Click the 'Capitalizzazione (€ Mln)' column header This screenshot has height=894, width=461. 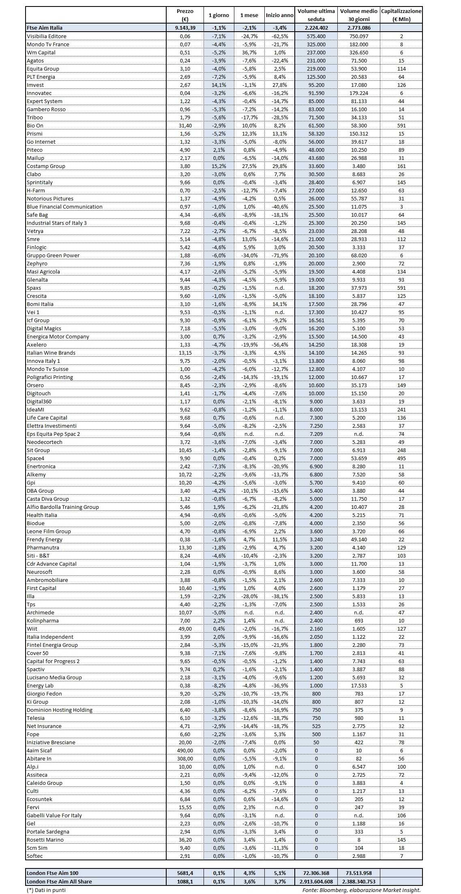click(401, 15)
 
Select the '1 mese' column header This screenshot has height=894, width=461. click(249, 15)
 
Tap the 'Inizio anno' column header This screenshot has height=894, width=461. click(279, 15)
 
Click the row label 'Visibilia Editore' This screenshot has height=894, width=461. click(46, 36)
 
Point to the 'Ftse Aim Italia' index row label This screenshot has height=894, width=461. click(45, 28)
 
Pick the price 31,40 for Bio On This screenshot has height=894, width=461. click(185, 125)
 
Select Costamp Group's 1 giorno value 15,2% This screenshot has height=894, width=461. click(219, 166)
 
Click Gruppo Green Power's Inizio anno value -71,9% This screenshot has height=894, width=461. click(279, 255)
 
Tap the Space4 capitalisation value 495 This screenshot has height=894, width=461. click(401, 458)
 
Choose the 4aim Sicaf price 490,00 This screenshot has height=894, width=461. click(185, 750)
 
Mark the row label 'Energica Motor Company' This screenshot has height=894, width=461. click(58, 336)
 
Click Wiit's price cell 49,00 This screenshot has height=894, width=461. click(185, 629)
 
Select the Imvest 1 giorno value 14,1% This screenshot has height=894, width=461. click(219, 85)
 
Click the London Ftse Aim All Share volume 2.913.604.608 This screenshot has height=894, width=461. click(316, 881)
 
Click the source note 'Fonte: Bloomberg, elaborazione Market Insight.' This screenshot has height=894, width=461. click(361, 890)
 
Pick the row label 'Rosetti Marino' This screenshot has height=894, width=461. click(45, 840)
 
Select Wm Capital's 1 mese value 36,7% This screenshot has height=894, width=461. click(249, 52)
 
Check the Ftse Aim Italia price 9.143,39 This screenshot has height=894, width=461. click(185, 28)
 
